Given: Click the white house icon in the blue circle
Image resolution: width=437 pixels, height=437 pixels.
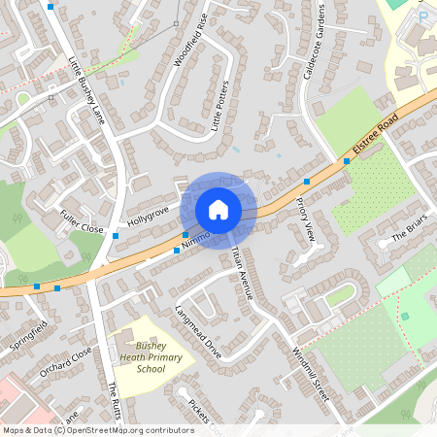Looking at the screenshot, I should [218, 210].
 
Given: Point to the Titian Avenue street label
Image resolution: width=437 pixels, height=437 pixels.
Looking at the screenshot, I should [242, 272].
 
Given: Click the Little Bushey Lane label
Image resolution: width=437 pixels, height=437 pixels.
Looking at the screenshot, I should [84, 84].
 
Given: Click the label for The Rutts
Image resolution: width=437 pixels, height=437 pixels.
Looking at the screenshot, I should [114, 397].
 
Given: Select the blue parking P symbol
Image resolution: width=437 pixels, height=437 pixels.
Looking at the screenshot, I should [422, 17].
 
